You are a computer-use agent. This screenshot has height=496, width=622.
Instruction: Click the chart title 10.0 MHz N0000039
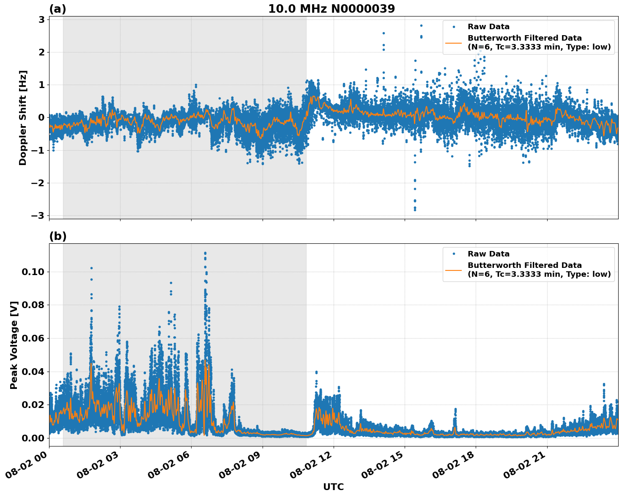point(331,9)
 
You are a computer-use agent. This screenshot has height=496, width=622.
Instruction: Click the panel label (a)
point(58,9)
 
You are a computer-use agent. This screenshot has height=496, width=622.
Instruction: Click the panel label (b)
point(58,236)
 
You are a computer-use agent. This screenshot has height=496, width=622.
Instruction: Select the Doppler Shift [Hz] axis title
point(23,118)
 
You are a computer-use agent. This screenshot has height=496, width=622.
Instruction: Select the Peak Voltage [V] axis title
point(14,345)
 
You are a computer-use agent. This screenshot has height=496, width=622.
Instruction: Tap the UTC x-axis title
point(333,487)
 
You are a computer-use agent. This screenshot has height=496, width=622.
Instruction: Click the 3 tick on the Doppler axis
point(41,19)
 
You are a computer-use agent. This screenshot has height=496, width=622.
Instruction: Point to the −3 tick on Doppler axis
point(38,216)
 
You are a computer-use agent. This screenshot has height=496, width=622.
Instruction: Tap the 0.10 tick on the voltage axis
point(33,272)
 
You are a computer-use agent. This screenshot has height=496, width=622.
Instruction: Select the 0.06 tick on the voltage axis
point(33,338)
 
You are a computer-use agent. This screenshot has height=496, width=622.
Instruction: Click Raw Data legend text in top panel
point(488,27)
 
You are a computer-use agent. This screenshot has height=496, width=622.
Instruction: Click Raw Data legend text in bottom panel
point(488,254)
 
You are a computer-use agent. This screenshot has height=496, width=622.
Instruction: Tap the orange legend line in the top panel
point(453,43)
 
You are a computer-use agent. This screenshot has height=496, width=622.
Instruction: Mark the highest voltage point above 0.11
point(205,253)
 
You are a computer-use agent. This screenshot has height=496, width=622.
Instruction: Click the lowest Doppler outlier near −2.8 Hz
point(415,209)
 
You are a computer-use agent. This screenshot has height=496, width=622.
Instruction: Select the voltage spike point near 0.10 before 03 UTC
point(91,268)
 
